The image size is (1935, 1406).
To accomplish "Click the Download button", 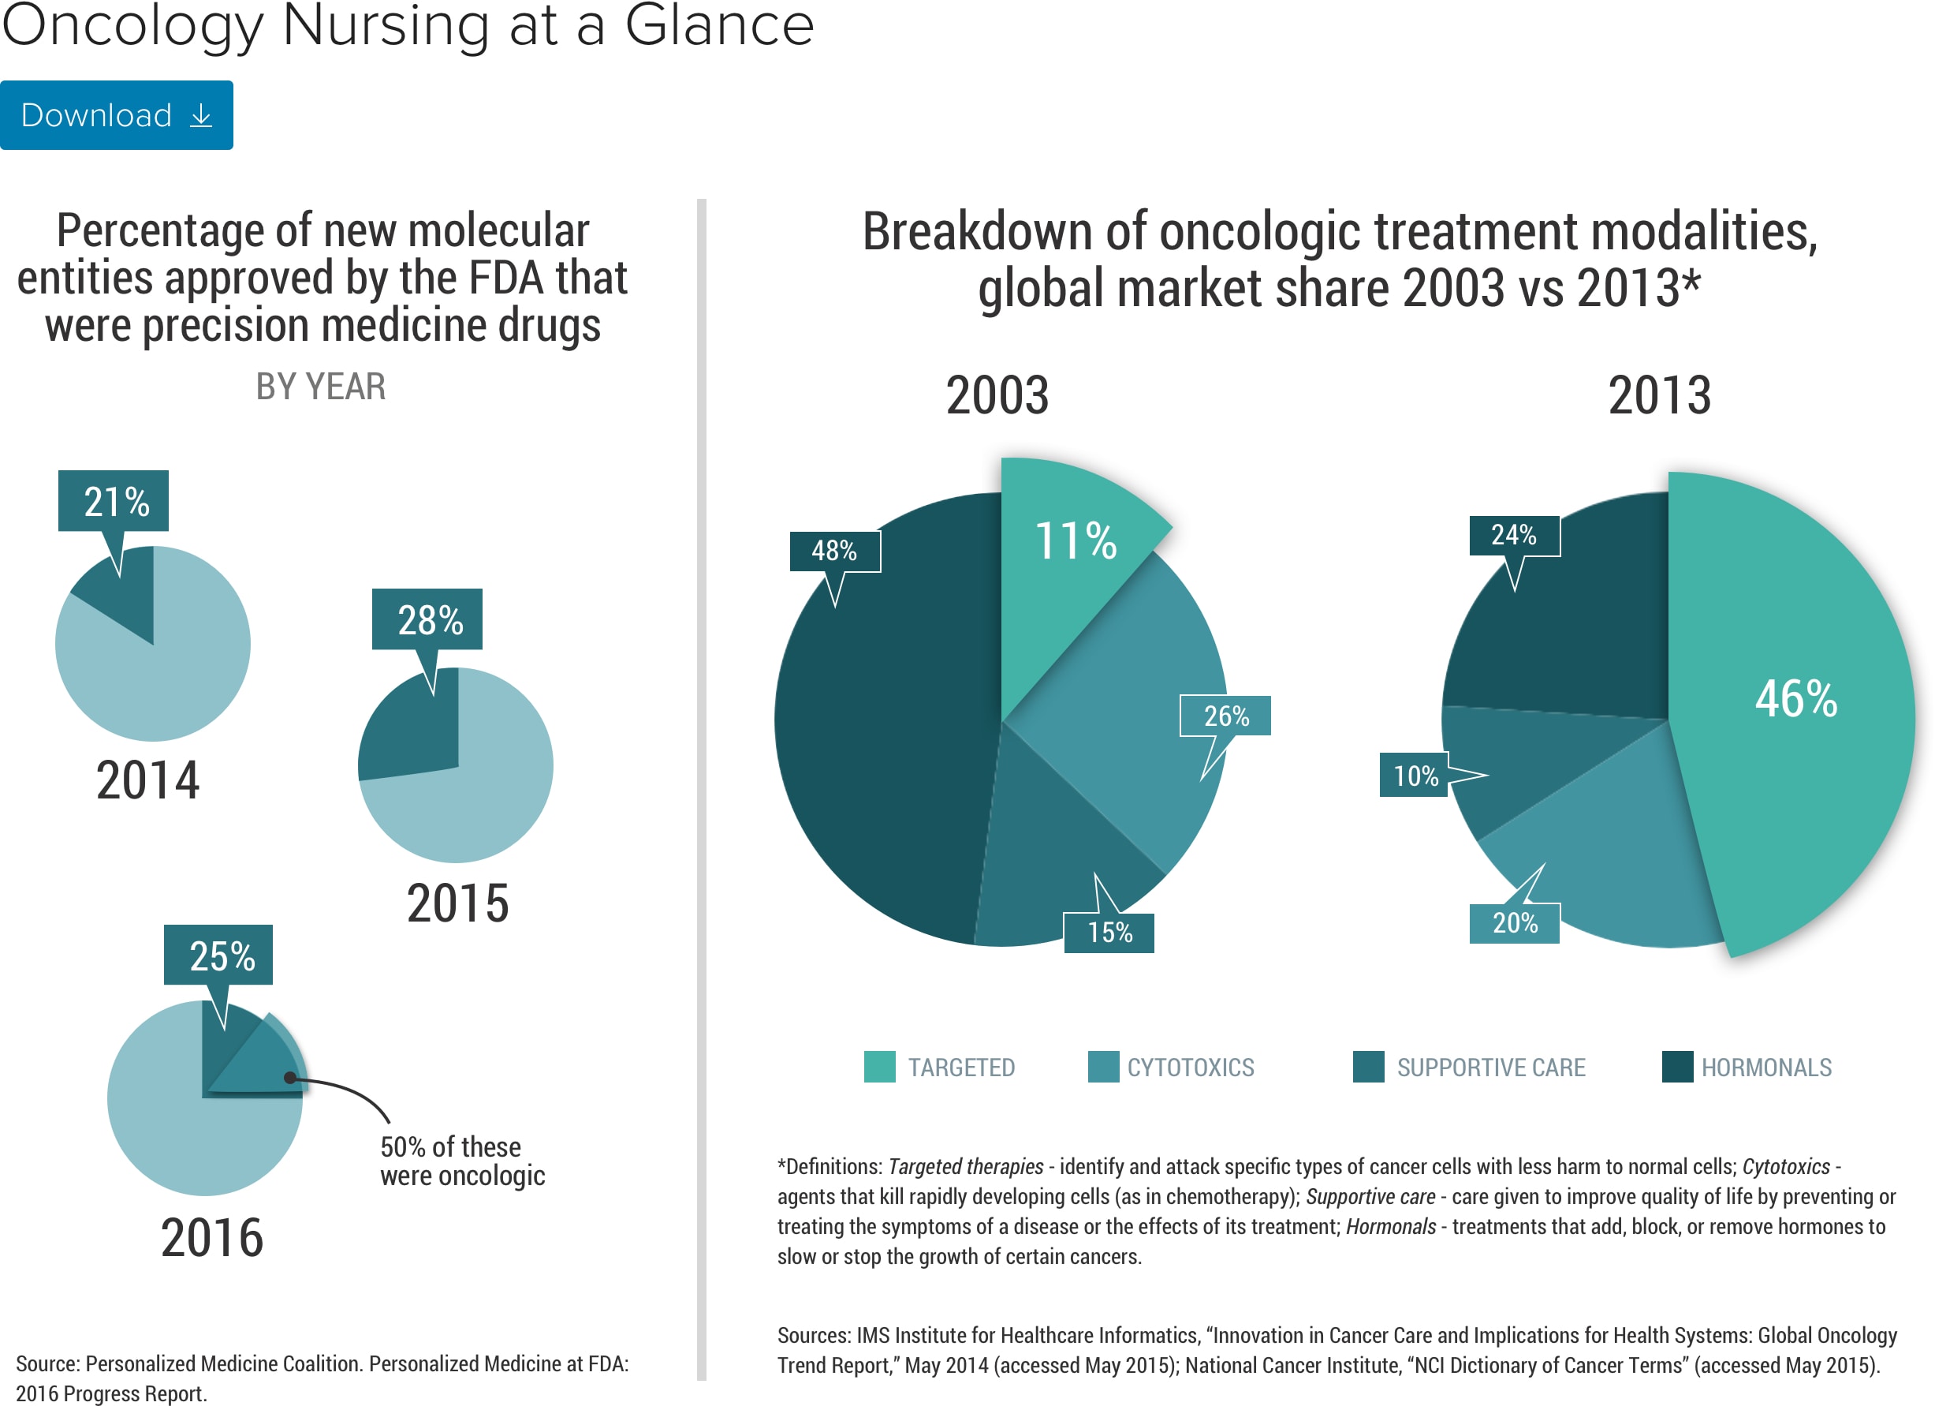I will click(116, 115).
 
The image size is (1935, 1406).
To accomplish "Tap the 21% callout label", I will click(114, 501).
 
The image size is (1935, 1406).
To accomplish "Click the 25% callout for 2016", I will click(219, 955).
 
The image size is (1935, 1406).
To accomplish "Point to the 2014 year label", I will click(147, 780).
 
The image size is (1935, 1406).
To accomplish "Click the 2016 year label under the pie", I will click(212, 1238).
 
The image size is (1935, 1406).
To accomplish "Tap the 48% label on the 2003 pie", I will click(834, 552).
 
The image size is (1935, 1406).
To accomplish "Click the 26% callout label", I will click(1226, 716).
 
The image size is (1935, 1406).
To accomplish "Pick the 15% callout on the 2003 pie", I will click(1109, 933).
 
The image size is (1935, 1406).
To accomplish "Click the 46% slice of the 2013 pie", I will click(1795, 698).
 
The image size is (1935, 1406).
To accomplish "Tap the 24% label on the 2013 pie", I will click(1515, 535).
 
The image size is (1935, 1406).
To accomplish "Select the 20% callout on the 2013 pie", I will click(1515, 923).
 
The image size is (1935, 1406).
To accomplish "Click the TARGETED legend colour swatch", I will click(880, 1067).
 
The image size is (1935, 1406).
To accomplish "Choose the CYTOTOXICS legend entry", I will click(1190, 1067).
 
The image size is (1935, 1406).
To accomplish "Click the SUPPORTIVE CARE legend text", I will click(1490, 1067).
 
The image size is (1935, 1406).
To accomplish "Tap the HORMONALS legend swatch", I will click(1677, 1067).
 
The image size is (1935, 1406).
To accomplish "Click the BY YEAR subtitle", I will click(321, 387).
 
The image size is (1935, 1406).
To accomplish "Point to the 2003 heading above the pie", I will click(997, 395).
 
